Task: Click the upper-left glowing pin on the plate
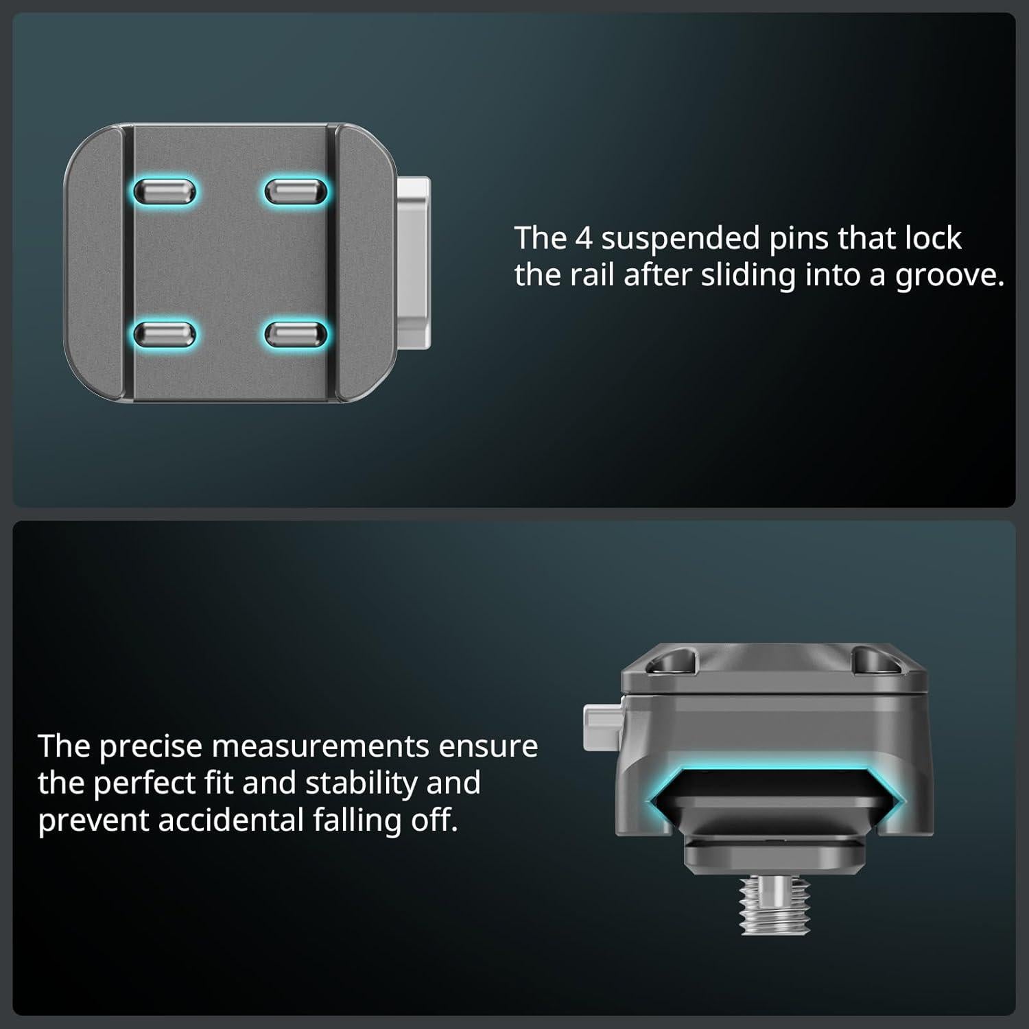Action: [x=165, y=191]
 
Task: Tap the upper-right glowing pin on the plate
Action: [x=296, y=191]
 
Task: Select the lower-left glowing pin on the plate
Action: [x=165, y=335]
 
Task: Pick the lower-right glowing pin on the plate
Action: [x=296, y=335]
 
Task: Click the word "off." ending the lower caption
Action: [x=434, y=820]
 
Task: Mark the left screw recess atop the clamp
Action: [x=670, y=663]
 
